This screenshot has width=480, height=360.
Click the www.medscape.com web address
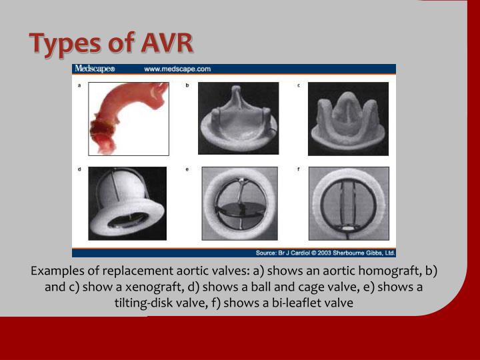point(177,69)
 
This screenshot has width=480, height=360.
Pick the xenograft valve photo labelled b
point(237,119)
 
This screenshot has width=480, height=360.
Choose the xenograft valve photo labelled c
point(348,119)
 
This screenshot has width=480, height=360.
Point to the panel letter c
point(298,85)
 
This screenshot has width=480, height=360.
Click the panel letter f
point(298,169)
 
